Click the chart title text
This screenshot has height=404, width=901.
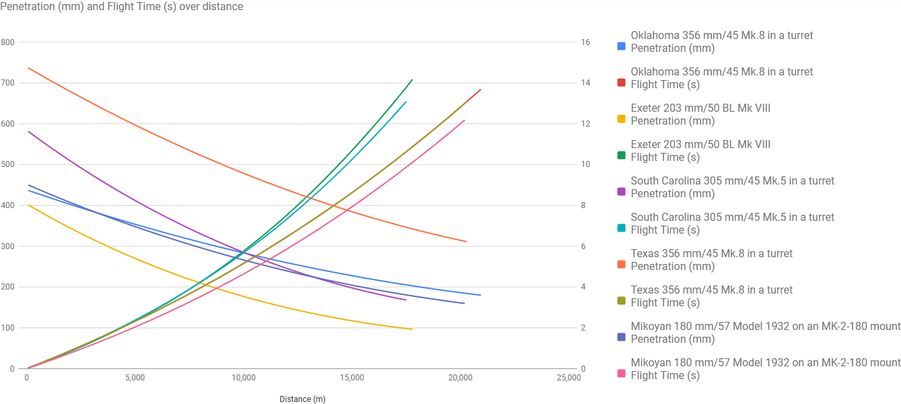click(x=122, y=7)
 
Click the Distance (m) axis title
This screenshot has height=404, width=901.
click(x=302, y=399)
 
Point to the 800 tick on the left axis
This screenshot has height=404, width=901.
click(x=7, y=42)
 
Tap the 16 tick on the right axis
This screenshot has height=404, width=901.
click(x=585, y=42)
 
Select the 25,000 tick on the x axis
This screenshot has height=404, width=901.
click(x=569, y=378)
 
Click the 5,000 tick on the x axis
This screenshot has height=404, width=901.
click(x=135, y=378)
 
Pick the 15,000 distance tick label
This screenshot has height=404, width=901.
click(x=352, y=378)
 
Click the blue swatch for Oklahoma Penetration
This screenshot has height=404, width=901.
click(x=622, y=46)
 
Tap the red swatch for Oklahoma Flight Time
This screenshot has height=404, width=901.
click(x=622, y=83)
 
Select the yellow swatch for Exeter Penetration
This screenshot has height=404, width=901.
click(x=622, y=119)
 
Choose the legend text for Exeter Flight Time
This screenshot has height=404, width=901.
click(x=700, y=151)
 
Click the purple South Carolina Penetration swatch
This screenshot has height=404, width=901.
click(x=622, y=192)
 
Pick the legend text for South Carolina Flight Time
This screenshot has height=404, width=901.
click(x=732, y=224)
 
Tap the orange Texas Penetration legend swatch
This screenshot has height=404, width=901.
click(x=622, y=265)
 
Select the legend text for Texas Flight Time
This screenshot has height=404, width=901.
click(x=711, y=296)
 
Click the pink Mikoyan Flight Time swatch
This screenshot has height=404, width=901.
click(x=622, y=374)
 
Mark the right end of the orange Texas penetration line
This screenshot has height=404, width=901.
click(x=466, y=241)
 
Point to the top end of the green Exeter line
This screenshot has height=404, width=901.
click(x=412, y=79)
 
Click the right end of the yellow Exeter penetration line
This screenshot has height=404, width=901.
click(x=412, y=329)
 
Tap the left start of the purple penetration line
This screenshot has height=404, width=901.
click(x=28, y=131)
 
